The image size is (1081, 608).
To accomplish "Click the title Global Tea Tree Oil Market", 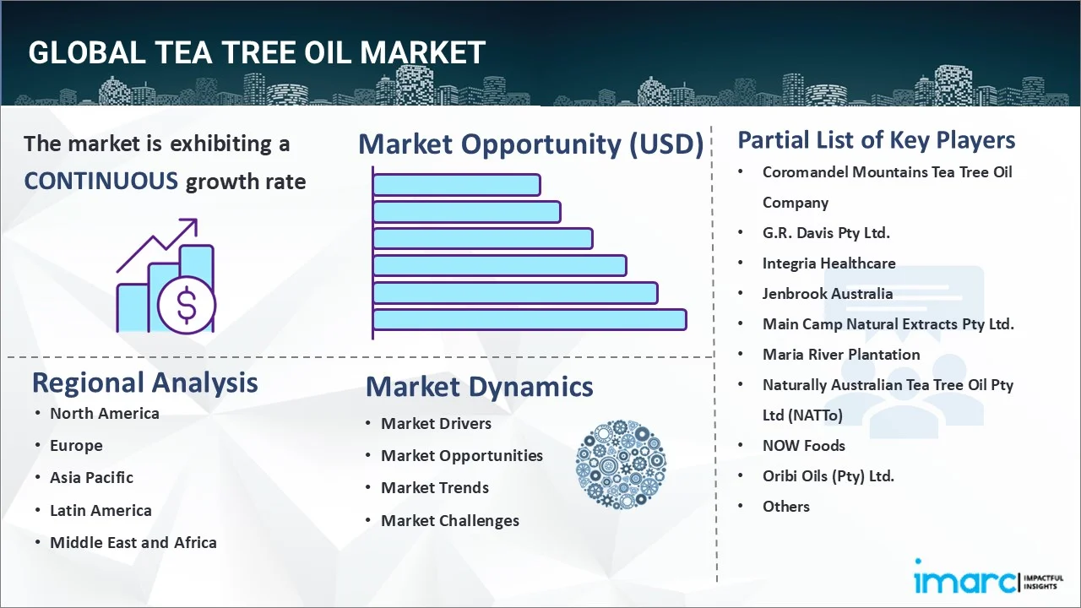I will pos(257,52).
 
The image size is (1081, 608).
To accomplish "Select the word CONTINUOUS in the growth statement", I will pos(100,181).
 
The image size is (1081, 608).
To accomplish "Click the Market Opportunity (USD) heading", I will pos(530,144).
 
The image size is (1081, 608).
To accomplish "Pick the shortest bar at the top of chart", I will pos(456,184).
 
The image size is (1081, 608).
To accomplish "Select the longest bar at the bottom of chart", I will pos(530,319).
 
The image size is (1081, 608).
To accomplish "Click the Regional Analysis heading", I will pos(144,383).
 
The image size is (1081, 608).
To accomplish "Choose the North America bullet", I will pos(104,413).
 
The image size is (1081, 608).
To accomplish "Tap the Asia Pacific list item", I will pos(91,477).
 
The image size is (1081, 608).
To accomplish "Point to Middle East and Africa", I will pos(133,542).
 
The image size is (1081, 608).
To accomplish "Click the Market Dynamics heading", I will pos(479,387).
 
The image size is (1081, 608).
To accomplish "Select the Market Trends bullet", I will pos(434,487).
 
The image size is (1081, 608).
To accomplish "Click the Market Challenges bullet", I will pos(449,520).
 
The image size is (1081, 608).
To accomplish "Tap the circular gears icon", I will pos(620,464).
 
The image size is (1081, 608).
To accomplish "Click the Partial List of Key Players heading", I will pos(876,139).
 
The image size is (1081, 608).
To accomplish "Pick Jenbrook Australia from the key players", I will pos(827,293).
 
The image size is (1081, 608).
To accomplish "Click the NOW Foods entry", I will pos(803,445).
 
